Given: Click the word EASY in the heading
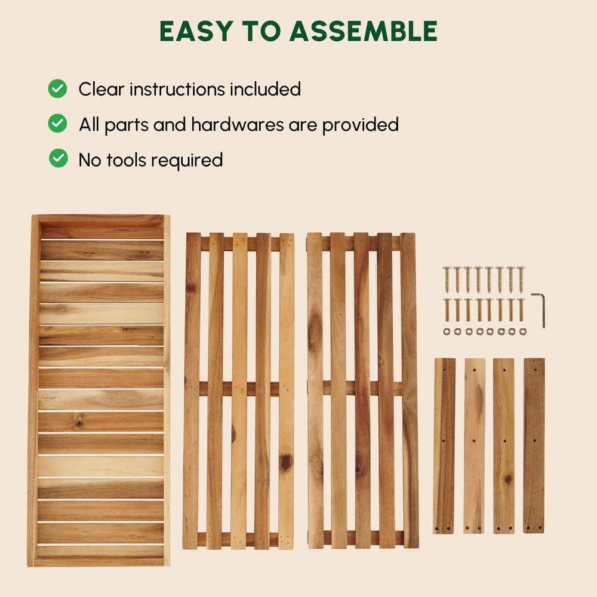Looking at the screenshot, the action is [x=196, y=31].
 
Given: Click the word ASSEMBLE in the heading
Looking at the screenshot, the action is [x=364, y=31].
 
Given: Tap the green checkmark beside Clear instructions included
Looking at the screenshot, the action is [x=57, y=89].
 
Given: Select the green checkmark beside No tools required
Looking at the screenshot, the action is [x=59, y=158].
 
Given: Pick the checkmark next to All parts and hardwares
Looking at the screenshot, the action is [x=57, y=124].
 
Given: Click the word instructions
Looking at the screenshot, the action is [x=177, y=90].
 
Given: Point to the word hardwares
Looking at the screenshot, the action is [x=238, y=125].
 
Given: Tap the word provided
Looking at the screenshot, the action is [x=360, y=125].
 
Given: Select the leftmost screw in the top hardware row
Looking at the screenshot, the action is [x=447, y=279].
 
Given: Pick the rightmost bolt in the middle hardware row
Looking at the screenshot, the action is [x=521, y=309].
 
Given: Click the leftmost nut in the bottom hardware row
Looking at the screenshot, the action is [x=447, y=331].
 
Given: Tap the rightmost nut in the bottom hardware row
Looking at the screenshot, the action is [x=523, y=331].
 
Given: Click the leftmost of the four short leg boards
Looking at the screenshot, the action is [x=444, y=445].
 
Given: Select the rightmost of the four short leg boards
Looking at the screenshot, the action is [x=534, y=445].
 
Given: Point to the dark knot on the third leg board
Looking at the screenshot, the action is [x=507, y=479].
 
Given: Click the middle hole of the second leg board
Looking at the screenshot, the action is [x=474, y=441].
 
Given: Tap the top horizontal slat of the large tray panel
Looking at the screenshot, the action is [x=102, y=232].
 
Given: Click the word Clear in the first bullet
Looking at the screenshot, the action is [x=101, y=90].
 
